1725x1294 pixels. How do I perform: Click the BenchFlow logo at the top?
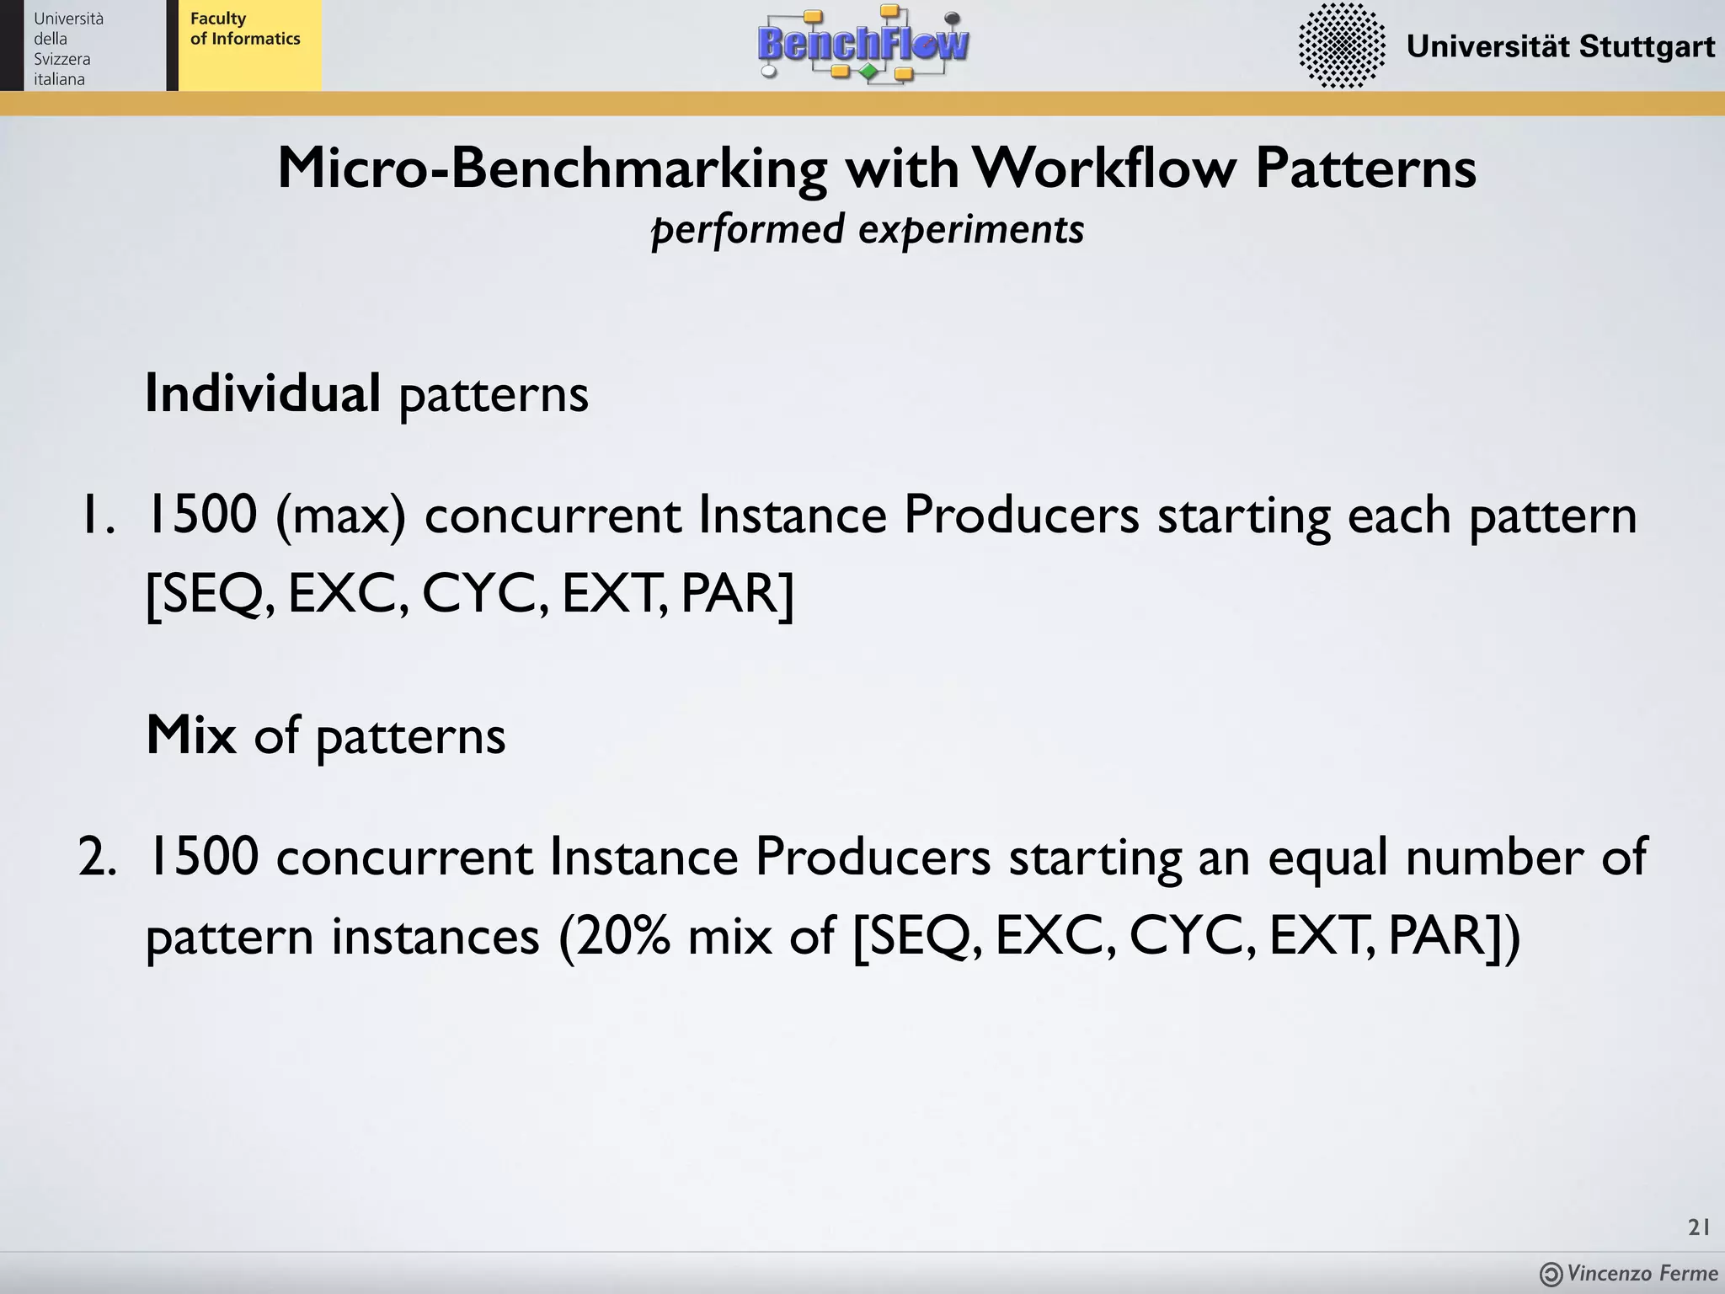tap(863, 44)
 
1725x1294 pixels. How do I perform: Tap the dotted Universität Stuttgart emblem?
tap(1341, 45)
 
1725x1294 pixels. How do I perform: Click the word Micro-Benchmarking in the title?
tap(552, 168)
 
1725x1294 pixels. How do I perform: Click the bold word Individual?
tap(263, 393)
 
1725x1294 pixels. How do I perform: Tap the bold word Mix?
tap(191, 735)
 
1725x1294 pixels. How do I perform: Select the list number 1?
tap(95, 515)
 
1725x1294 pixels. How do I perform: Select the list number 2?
tap(97, 858)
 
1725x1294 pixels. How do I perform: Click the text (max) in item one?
tap(340, 515)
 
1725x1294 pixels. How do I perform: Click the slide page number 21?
tap(1698, 1227)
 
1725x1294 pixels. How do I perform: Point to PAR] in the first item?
tap(737, 594)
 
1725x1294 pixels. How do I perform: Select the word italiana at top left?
tap(59, 79)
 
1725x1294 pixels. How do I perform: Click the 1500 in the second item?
tap(202, 858)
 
